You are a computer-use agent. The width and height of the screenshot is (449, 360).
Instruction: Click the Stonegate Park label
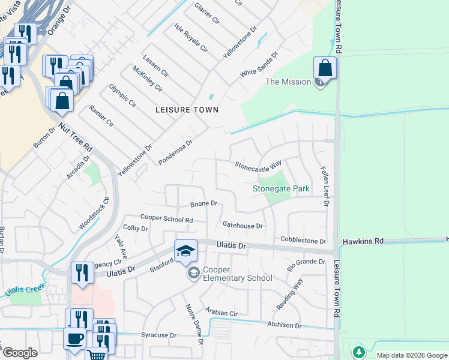click(281, 188)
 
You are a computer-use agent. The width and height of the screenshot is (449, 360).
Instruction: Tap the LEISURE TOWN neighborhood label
click(187, 110)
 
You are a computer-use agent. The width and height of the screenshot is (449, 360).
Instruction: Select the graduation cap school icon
click(186, 250)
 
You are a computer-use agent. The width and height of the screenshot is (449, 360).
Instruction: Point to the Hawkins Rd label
click(363, 241)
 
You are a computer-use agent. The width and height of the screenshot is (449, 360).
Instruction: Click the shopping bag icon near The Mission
click(324, 67)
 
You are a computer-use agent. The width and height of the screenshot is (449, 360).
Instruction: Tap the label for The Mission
click(288, 82)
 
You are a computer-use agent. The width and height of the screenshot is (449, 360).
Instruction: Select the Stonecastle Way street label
click(258, 164)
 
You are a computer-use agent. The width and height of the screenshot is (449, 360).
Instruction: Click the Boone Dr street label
click(203, 204)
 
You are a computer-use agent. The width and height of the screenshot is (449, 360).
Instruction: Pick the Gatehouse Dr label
click(243, 226)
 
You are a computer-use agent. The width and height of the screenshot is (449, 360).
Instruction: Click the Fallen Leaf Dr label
click(324, 187)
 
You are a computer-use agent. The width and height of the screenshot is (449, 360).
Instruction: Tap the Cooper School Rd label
click(166, 219)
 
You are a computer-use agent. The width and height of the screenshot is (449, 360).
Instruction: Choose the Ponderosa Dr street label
click(175, 152)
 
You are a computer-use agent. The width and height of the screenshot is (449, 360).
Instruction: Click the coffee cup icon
click(74, 338)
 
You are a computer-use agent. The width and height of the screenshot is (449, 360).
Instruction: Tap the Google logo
click(20, 353)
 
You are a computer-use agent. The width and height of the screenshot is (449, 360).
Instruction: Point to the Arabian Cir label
click(221, 313)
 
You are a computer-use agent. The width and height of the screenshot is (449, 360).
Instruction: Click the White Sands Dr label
click(259, 64)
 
